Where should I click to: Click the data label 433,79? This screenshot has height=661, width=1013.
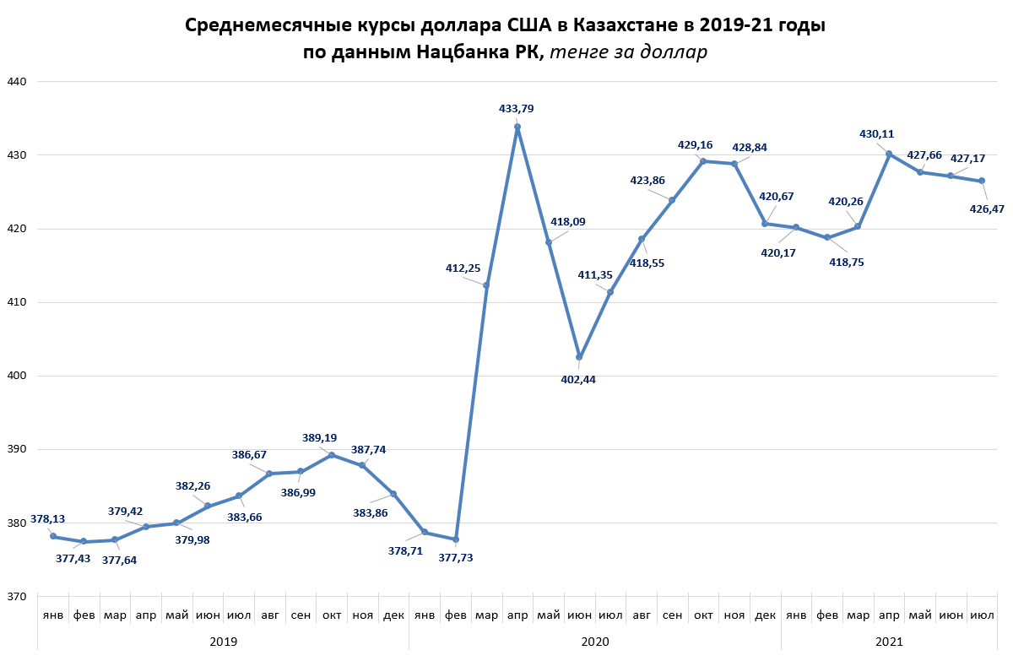pos(516,109)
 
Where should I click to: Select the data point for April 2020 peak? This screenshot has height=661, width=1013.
pos(517,127)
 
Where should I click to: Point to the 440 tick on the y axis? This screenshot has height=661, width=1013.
pos(18,82)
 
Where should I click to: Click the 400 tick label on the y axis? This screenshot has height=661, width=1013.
pos(18,376)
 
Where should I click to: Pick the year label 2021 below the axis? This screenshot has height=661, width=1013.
pos(888,642)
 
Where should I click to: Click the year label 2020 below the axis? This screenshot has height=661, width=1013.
pos(594,642)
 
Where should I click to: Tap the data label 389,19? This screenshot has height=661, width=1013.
pos(319,438)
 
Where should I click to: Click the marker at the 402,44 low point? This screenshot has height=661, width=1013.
pos(579,357)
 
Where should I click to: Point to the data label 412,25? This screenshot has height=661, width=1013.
pos(463,268)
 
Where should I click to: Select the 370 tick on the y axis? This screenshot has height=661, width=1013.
pos(18,597)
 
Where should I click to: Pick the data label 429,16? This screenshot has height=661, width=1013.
pos(696,145)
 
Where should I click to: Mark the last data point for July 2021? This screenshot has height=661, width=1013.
pos(982,181)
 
